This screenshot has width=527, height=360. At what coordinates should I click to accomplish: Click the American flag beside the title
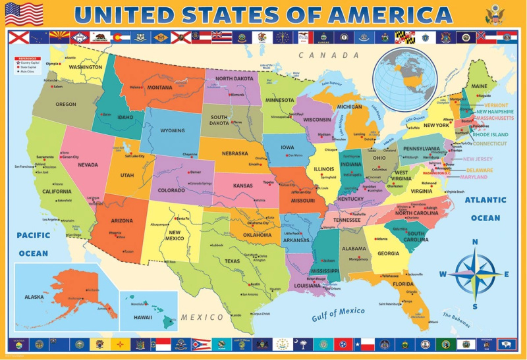coord(24,14)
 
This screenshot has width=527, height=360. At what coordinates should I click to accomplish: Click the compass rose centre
coord(476,274)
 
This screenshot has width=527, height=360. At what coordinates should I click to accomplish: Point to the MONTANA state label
coord(159,88)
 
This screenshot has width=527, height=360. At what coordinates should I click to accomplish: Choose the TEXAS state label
coord(232,261)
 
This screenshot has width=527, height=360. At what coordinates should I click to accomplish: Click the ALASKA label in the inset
coord(34,297)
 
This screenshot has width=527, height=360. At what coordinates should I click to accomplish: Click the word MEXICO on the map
coord(203,317)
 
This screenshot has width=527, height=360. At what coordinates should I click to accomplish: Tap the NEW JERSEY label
coord(478,159)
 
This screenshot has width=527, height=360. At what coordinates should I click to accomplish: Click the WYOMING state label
coord(173,130)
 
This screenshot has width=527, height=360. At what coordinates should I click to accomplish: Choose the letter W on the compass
coord(443,274)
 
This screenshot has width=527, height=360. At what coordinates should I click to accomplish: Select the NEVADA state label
coord(88,165)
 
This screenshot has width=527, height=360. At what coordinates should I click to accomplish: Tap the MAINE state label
coord(479,87)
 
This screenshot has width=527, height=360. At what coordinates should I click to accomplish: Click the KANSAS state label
coord(242,186)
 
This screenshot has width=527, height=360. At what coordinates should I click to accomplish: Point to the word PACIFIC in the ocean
coord(33,235)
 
